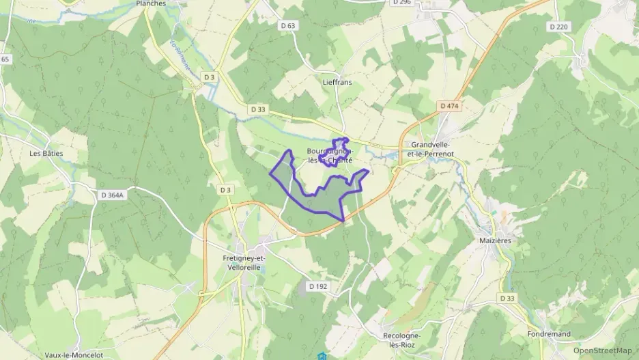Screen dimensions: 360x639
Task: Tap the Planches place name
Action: click(151, 3)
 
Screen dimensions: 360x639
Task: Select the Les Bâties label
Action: click(46, 153)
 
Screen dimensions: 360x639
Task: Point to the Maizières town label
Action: click(496, 240)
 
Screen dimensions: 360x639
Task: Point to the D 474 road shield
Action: click(449, 106)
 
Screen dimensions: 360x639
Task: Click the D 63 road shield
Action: click(288, 26)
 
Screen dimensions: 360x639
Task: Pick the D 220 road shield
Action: click(558, 27)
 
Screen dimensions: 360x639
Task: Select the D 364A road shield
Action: click(115, 195)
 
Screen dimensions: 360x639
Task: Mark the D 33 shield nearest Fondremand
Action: click(507, 299)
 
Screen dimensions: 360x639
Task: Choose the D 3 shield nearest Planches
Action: click(209, 78)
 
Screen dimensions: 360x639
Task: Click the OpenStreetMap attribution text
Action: click(602, 350)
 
